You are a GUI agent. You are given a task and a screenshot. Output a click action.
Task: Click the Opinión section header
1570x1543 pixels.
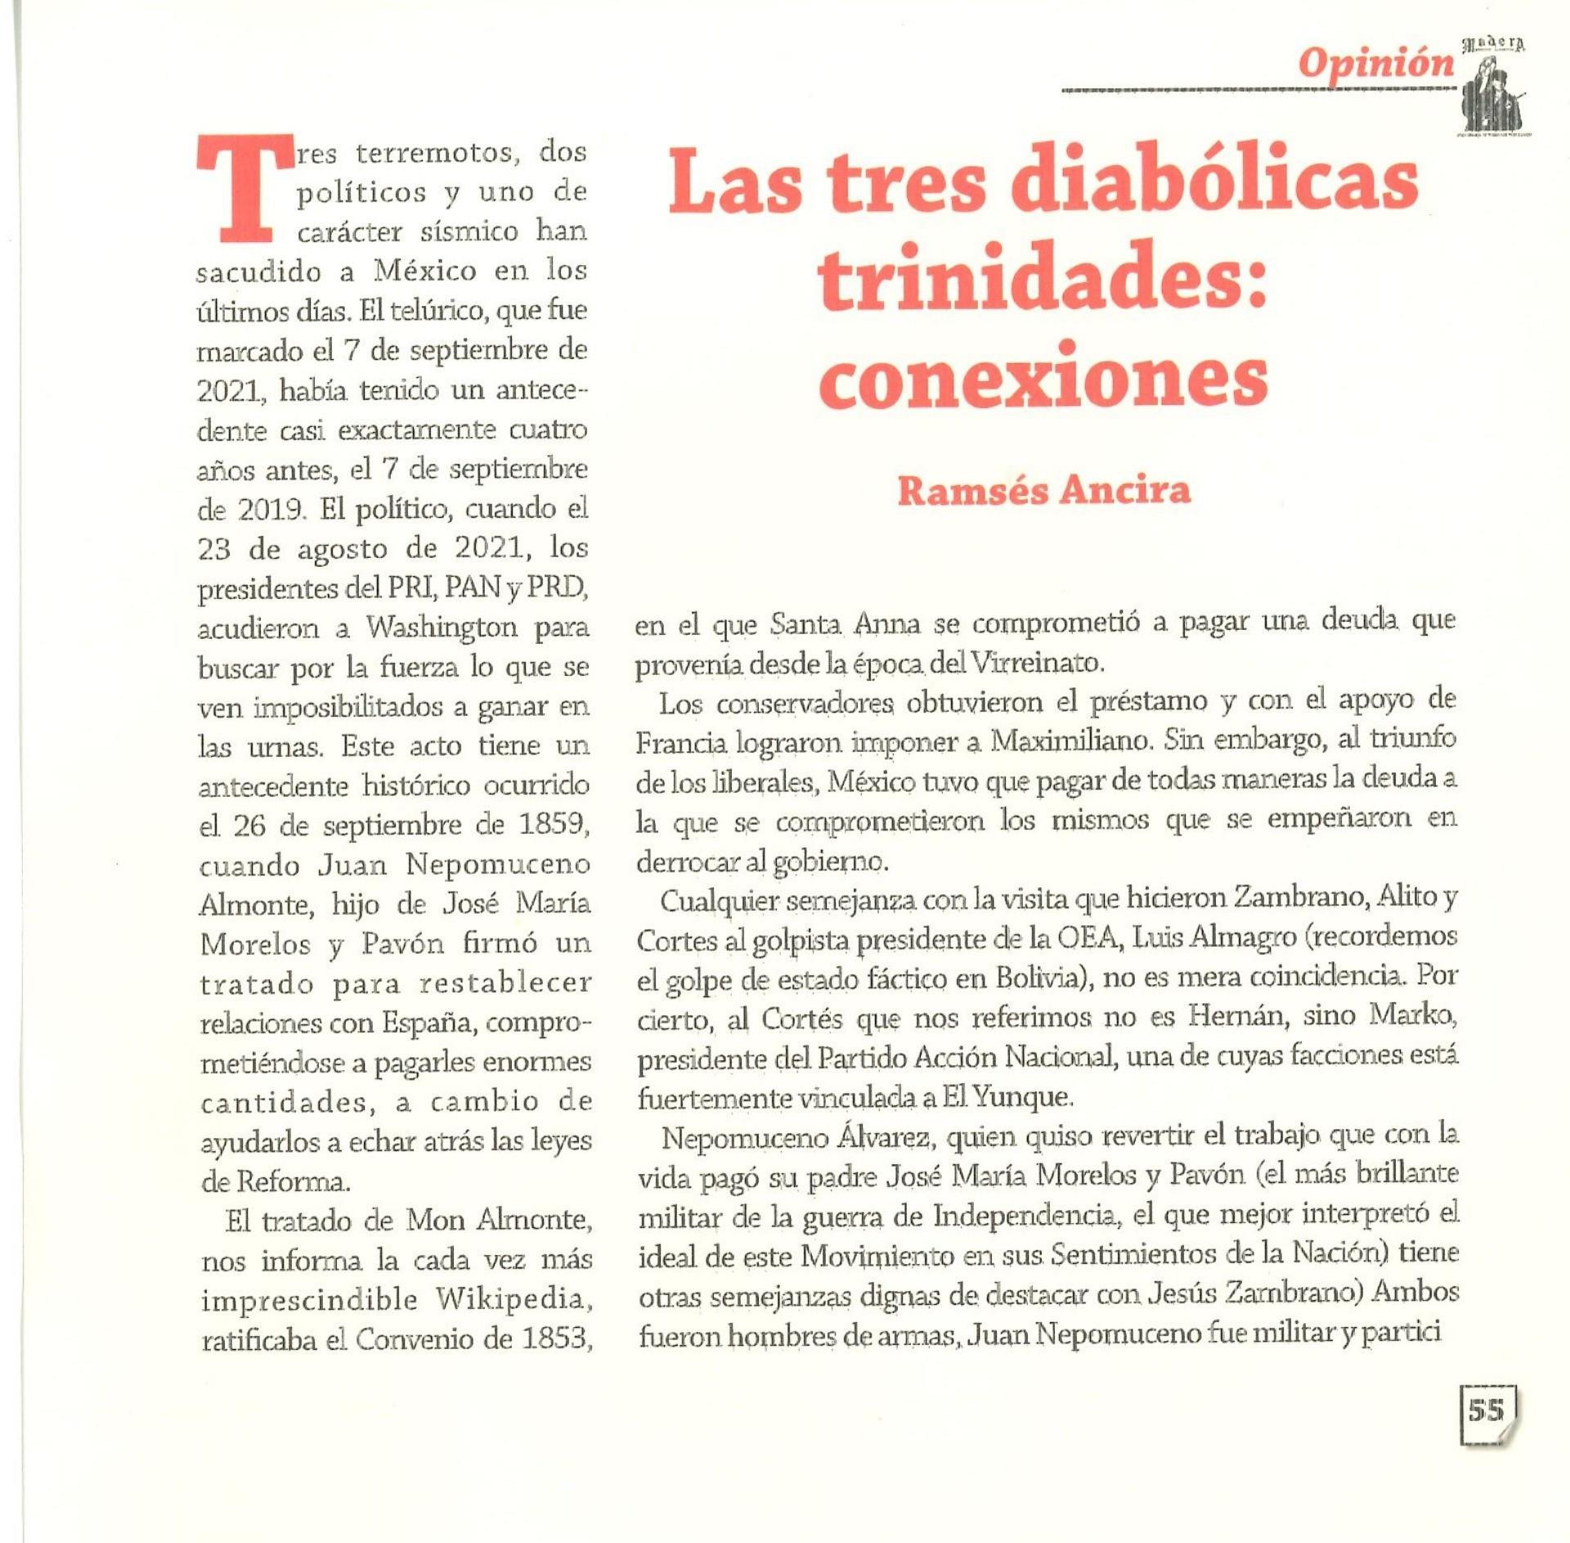[x=1377, y=64]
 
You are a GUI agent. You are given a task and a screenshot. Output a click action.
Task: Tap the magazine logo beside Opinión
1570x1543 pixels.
[x=1496, y=88]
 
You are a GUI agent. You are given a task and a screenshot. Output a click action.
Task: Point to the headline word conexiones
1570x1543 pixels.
[x=1043, y=380]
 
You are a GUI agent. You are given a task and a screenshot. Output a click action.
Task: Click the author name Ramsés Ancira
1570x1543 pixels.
[x=1043, y=490]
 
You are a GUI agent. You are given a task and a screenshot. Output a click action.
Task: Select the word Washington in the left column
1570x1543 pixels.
[x=442, y=628]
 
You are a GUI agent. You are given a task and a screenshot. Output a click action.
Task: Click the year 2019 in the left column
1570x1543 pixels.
[x=272, y=510]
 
